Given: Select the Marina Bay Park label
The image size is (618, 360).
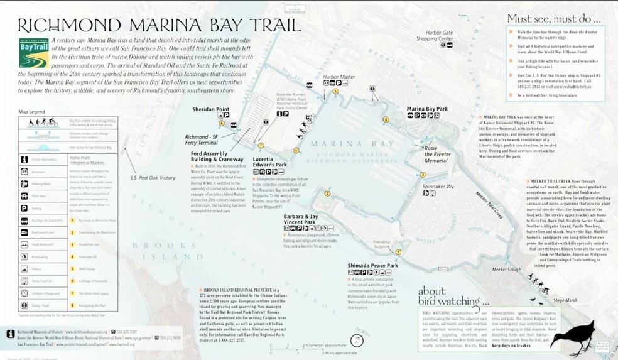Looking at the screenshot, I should (427, 109).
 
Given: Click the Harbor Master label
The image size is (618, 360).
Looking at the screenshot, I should (335, 77).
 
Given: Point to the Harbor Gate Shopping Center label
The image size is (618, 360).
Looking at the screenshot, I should (439, 35).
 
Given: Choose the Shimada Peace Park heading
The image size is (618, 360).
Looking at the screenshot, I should (373, 266).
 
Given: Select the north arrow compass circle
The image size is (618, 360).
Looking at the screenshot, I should (357, 340).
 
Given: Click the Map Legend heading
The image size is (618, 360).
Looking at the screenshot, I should (31, 112).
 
